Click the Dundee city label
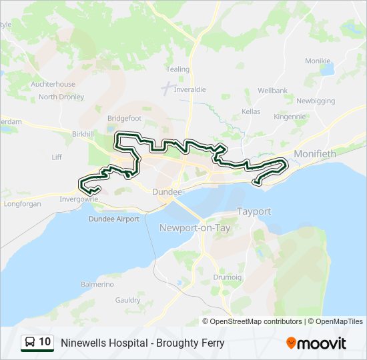[167, 192]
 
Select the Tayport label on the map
[254, 211]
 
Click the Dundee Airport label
[114, 219]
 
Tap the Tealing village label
[177, 69]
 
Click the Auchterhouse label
[53, 85]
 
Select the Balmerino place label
[97, 284]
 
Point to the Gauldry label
[127, 300]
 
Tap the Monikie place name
[318, 61]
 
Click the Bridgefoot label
[124, 118]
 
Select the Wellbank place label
[272, 90]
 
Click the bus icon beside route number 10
[30, 343]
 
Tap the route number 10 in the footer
[45, 343]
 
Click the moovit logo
[316, 343]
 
